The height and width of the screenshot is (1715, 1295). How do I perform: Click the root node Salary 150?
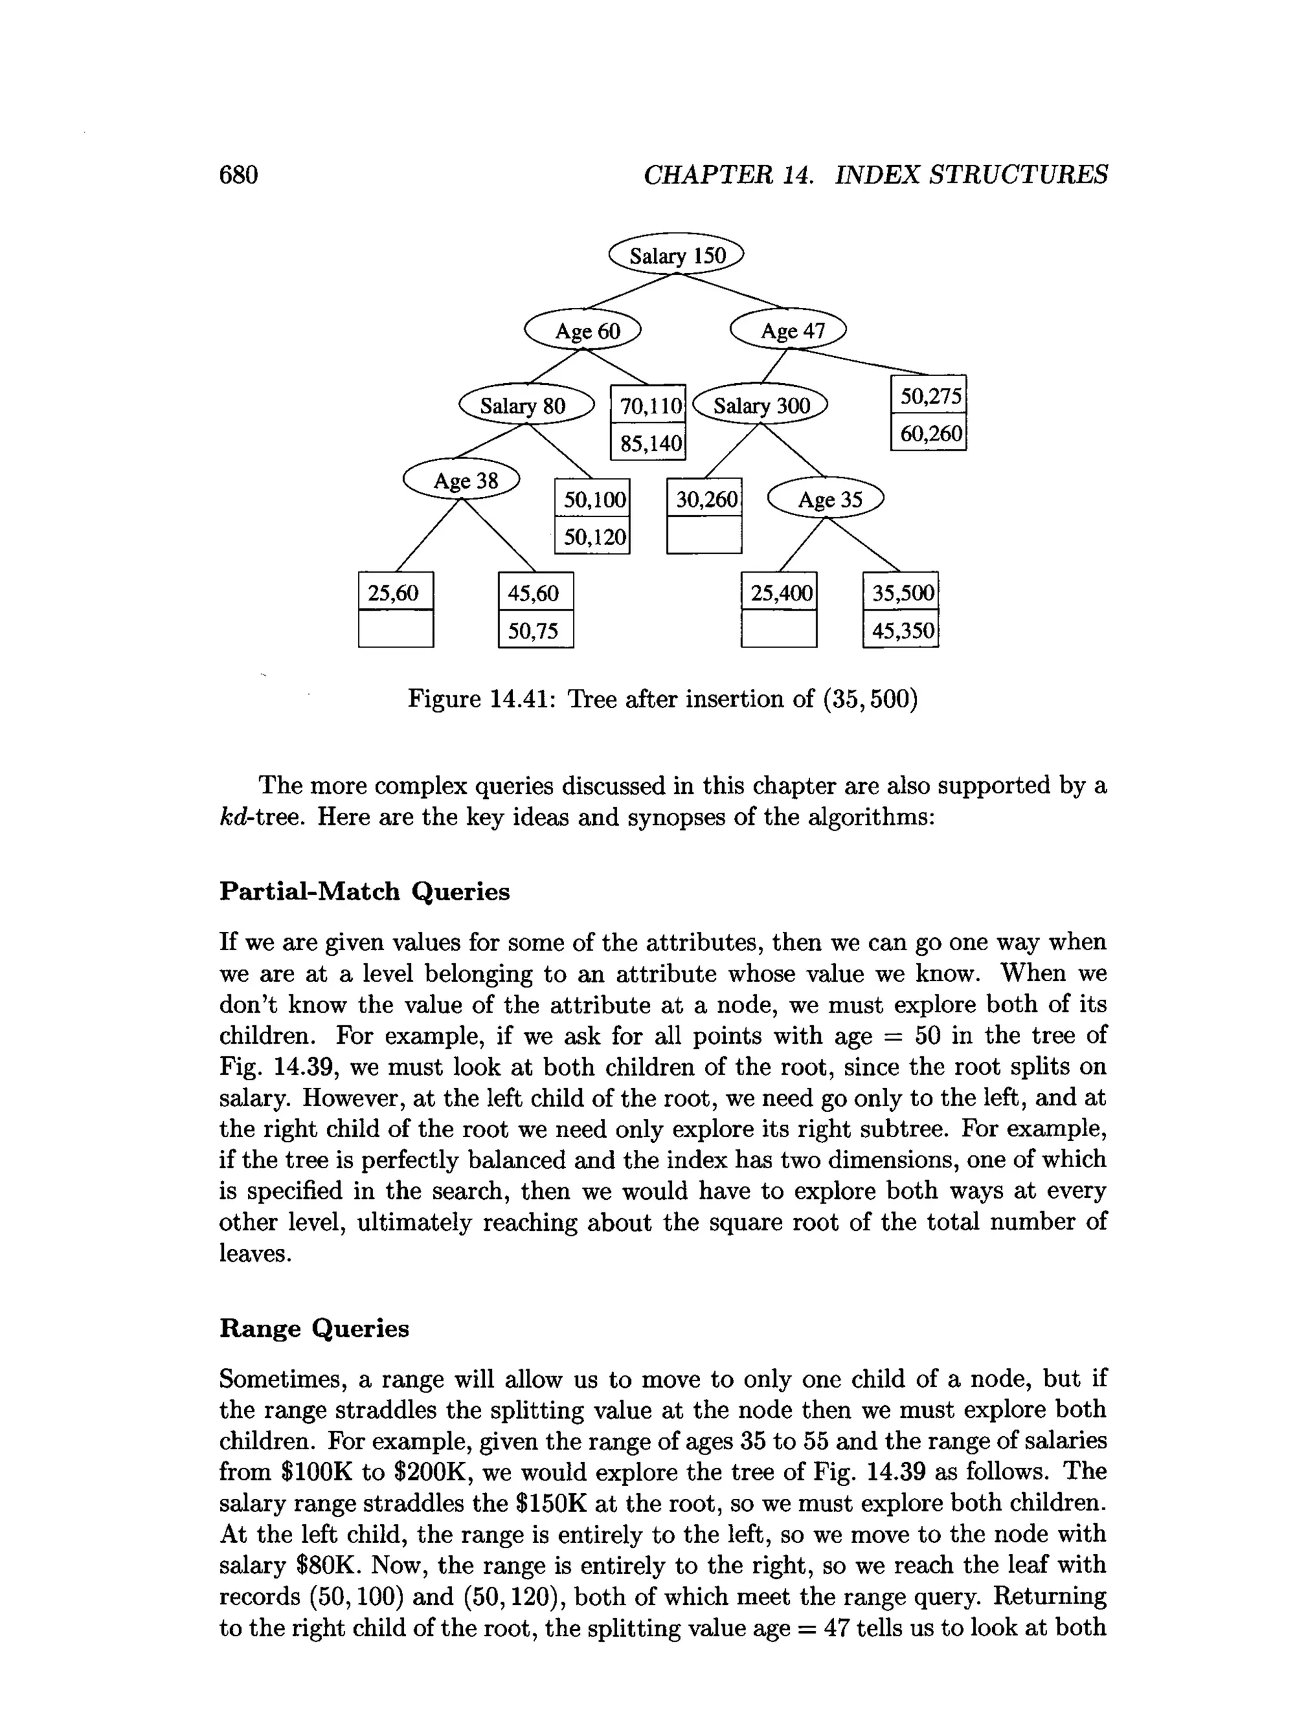[675, 255]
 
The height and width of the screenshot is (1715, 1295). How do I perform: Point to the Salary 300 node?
[761, 405]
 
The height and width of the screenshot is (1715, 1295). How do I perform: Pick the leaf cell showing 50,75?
[535, 630]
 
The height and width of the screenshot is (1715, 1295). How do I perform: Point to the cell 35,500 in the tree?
[901, 592]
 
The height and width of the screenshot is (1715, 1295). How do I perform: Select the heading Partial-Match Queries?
[364, 891]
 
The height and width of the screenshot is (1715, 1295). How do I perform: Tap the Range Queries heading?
[314, 1329]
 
